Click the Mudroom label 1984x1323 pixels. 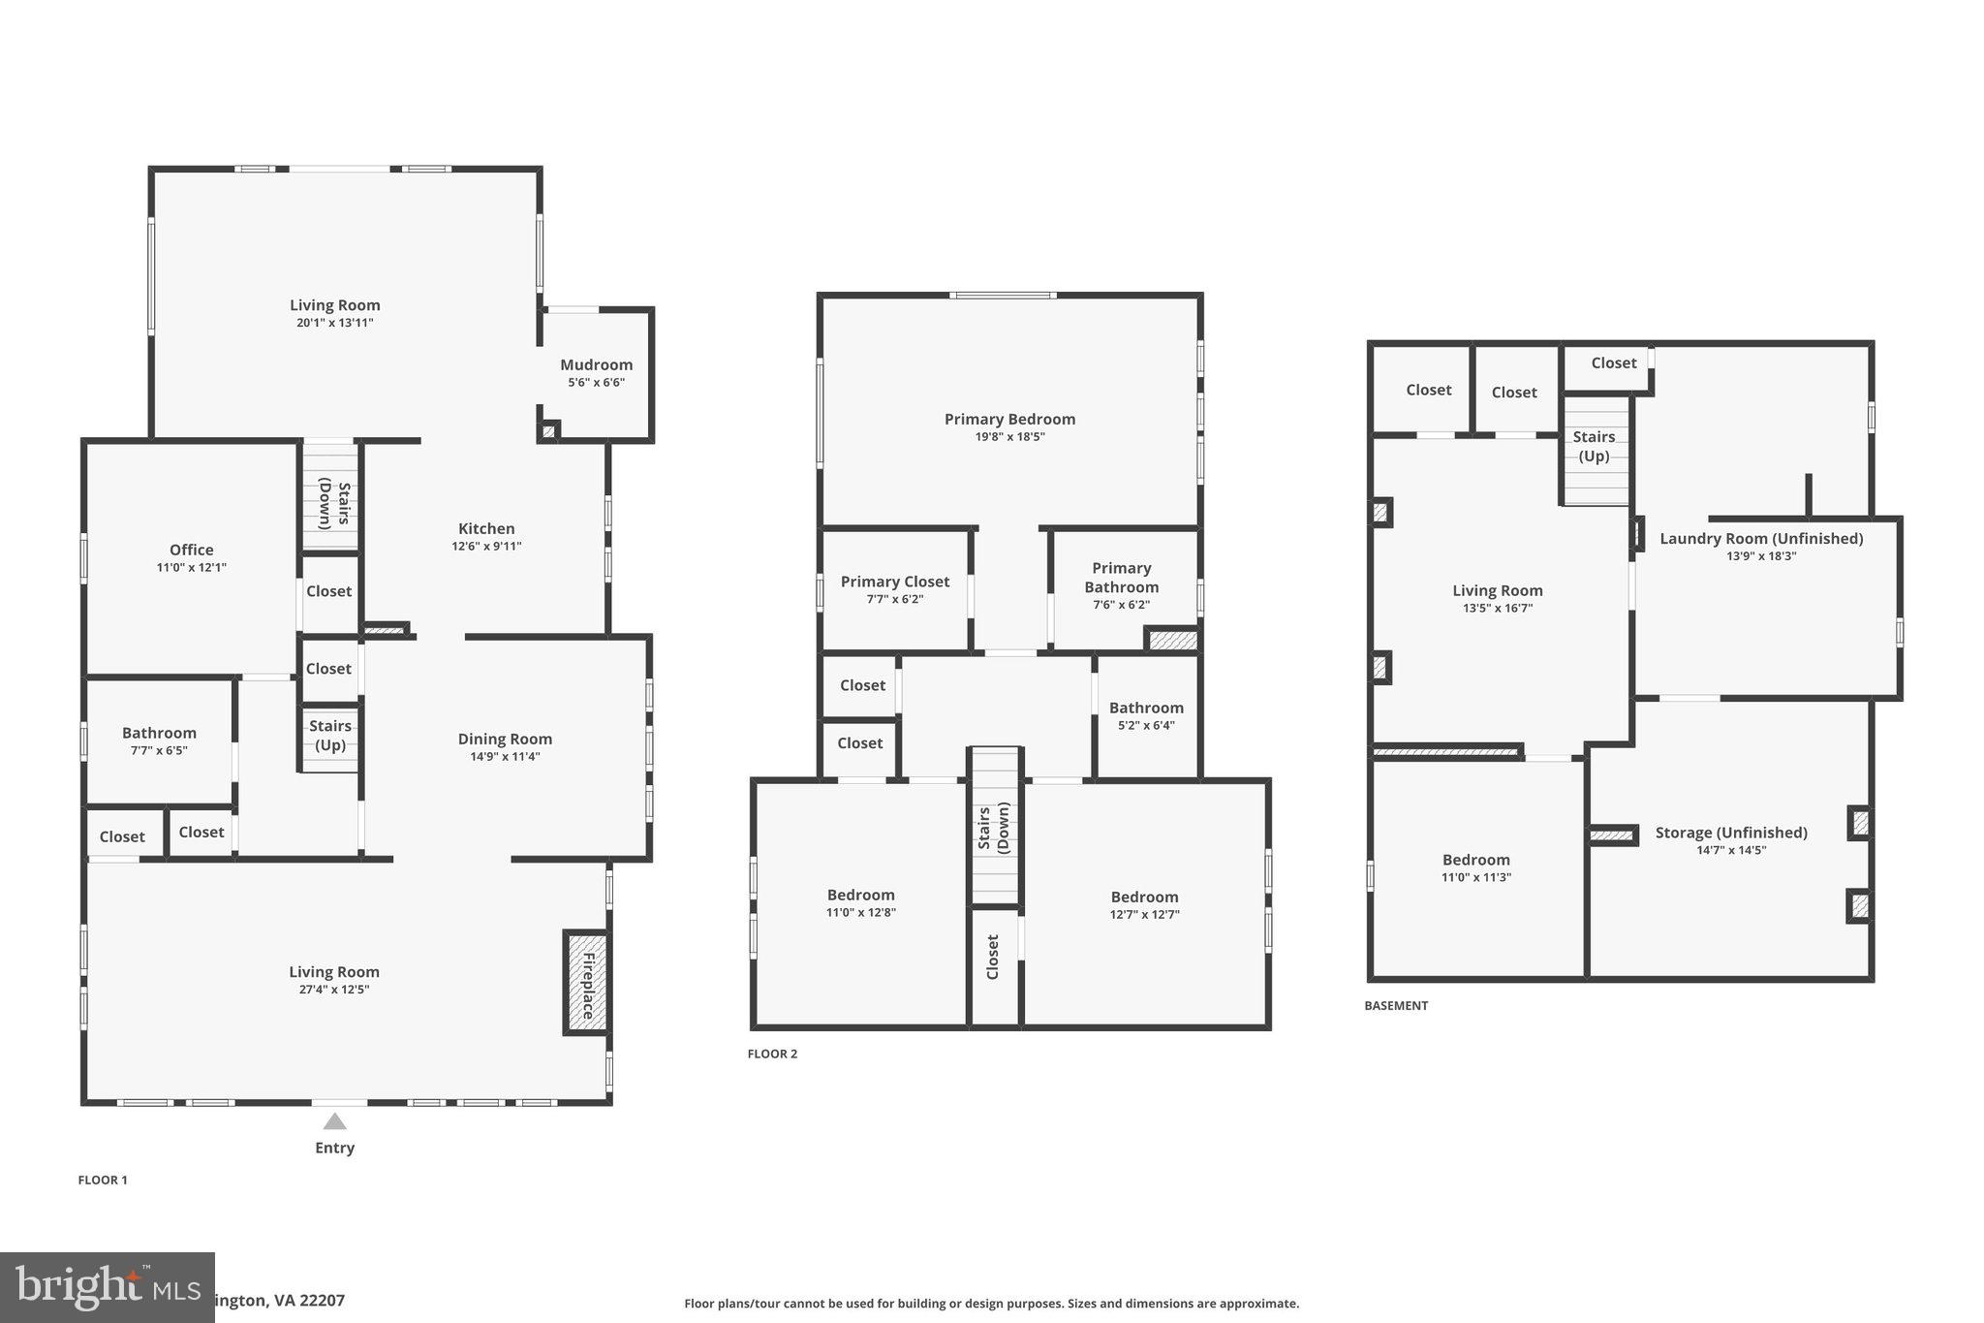tap(596, 365)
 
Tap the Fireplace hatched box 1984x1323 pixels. tap(586, 981)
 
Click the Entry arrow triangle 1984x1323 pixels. tap(334, 1121)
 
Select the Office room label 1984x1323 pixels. tap(191, 550)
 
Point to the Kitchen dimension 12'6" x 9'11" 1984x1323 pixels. tap(486, 547)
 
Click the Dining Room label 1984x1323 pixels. tap(505, 739)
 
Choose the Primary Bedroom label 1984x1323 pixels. tap(1009, 419)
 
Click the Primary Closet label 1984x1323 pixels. tap(894, 582)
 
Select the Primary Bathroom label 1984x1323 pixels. tap(1121, 578)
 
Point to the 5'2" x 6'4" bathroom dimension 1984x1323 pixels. tap(1146, 726)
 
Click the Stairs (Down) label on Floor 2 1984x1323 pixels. tap(993, 828)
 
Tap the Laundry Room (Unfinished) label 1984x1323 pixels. tap(1761, 539)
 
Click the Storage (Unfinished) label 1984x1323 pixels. tap(1731, 833)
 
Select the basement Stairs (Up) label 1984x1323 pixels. tap(1594, 446)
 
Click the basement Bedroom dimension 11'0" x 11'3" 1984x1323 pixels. tap(1475, 878)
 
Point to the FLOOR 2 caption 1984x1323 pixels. tap(772, 1054)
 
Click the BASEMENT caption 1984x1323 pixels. tap(1396, 1006)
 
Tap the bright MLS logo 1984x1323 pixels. tap(107, 1287)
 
